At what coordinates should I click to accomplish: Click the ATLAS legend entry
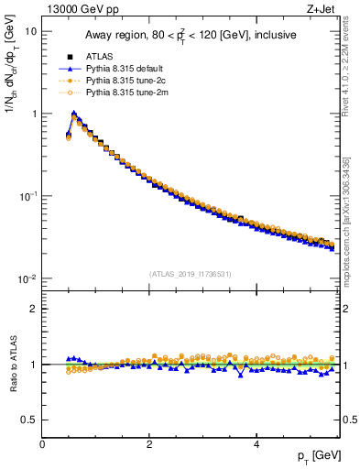(100, 57)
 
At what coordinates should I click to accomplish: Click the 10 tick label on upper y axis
(30, 31)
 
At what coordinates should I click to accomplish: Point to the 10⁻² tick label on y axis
(27, 278)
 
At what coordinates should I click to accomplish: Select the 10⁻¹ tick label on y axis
(27, 196)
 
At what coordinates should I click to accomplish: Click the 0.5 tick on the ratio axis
(29, 420)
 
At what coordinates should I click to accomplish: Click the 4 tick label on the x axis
(256, 443)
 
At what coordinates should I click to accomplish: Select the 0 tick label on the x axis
(43, 443)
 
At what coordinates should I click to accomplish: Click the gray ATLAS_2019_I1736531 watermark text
(191, 274)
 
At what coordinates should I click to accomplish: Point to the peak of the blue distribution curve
(74, 115)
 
